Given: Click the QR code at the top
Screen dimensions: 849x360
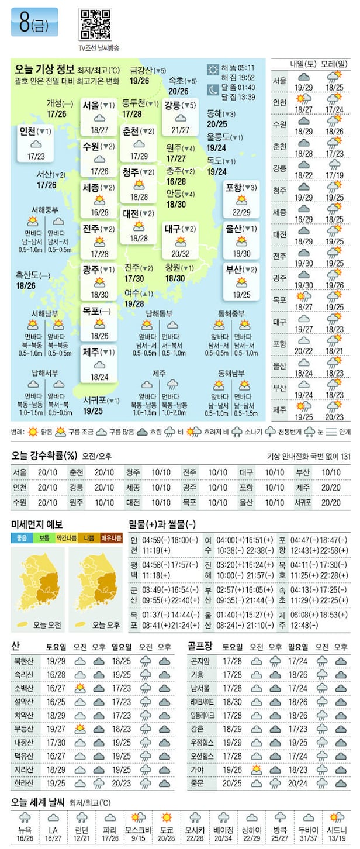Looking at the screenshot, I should pyautogui.click(x=95, y=24).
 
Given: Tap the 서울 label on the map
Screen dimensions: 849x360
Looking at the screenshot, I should pyautogui.click(x=91, y=106).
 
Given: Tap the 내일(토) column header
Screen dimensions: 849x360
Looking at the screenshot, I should pyautogui.click(x=303, y=63).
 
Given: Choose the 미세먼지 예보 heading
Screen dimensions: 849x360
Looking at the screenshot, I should pyautogui.click(x=37, y=524).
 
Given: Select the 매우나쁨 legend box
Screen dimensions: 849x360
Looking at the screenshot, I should pyautogui.click(x=111, y=538).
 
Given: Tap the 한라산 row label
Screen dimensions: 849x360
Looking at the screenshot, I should pyautogui.click(x=22, y=783).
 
